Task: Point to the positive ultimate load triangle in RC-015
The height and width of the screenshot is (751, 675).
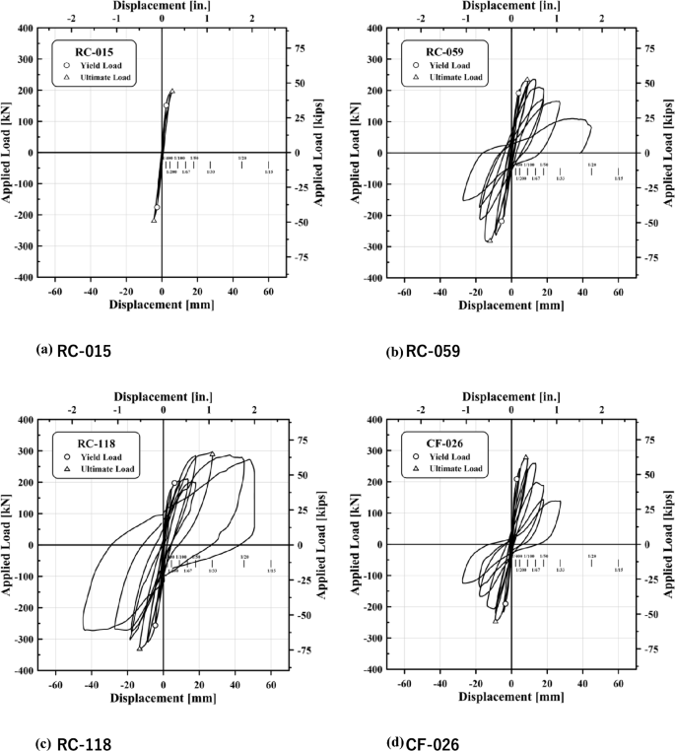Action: [172, 91]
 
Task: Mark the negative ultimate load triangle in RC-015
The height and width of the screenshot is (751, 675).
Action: [154, 220]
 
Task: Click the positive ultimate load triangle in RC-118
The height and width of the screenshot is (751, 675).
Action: [212, 454]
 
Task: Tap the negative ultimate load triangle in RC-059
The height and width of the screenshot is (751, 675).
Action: [489, 239]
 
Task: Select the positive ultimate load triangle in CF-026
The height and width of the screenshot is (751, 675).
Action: [525, 457]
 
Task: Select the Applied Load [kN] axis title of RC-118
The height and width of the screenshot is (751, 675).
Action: [8, 545]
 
